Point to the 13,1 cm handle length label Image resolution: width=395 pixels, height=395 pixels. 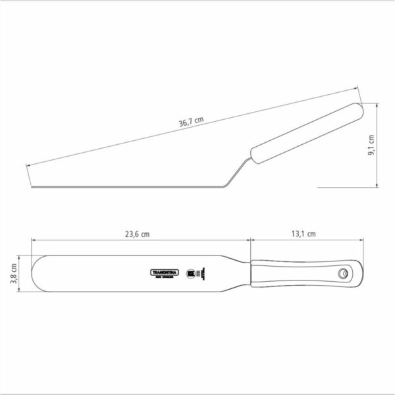[303, 233]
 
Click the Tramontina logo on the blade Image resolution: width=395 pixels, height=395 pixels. [160, 271]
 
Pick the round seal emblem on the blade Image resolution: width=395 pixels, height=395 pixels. [192, 271]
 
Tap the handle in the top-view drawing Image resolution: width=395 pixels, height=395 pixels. [303, 272]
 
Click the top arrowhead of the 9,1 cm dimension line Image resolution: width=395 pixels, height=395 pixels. [376, 103]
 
